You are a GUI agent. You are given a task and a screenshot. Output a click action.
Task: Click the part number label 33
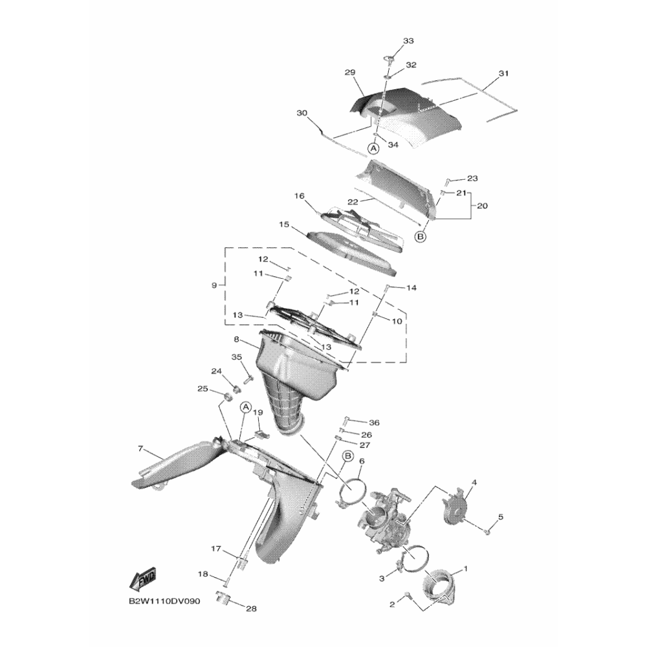coord(408,41)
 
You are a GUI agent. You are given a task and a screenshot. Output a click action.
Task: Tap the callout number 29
coord(350,73)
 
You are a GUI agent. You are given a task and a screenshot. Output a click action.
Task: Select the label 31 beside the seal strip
coord(504,73)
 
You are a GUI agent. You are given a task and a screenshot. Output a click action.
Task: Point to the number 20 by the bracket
coord(482,206)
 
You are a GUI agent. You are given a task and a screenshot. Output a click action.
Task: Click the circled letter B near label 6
coord(347,457)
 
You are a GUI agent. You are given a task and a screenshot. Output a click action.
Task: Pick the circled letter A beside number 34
coord(373,148)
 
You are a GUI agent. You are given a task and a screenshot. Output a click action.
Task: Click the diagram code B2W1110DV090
coord(164,601)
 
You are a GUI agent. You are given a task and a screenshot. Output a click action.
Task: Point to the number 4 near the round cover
coord(474,483)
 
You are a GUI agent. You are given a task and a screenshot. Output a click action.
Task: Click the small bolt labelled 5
coord(487,531)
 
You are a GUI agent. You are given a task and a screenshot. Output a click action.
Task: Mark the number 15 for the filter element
coord(283,225)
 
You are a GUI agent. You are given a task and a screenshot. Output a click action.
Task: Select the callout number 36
coord(374,422)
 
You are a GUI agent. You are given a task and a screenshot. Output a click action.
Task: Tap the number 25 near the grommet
coord(203,388)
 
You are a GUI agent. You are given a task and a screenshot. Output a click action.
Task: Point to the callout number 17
coord(216,549)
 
